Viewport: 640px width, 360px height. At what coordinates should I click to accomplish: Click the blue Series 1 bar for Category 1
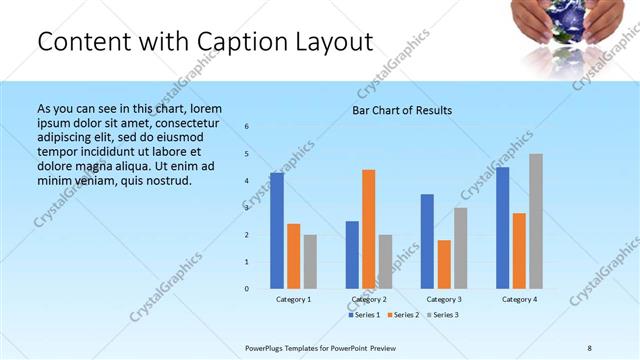(277, 231)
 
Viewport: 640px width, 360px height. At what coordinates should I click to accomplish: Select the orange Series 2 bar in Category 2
(368, 229)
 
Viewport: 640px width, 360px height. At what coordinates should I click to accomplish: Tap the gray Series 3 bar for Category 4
(536, 221)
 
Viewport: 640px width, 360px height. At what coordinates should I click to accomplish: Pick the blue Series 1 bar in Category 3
(427, 241)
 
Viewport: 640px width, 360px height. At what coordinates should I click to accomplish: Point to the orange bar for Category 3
(444, 264)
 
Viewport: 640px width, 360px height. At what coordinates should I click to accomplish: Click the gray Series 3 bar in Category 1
(310, 262)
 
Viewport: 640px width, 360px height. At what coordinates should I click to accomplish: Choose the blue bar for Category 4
(503, 228)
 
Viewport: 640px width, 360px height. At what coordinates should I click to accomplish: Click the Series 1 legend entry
(365, 315)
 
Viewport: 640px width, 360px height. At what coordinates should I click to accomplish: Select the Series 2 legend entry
(402, 315)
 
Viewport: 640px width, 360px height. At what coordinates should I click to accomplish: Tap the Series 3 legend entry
(442, 315)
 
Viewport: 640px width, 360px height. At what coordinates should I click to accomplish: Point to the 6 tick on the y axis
(247, 127)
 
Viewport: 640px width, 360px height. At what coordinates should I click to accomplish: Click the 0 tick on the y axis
(247, 289)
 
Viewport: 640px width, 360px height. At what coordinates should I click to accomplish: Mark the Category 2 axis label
(368, 300)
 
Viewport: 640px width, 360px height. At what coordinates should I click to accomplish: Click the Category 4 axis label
(519, 300)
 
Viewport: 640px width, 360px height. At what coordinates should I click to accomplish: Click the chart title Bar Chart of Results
(402, 110)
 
